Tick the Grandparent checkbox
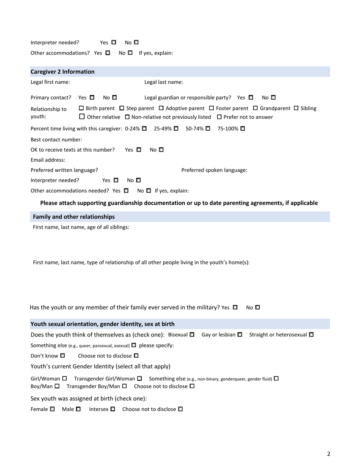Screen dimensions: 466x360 point(255,108)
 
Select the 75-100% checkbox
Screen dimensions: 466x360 point(243,129)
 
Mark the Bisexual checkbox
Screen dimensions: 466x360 point(192,335)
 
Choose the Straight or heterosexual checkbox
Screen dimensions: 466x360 point(311,335)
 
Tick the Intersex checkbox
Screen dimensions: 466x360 point(113,409)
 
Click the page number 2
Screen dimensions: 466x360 point(329,453)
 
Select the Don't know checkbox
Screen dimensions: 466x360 point(63,356)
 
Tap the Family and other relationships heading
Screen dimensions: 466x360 point(74,217)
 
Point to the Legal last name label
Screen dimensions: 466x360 point(164,82)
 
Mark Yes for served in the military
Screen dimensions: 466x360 point(235,307)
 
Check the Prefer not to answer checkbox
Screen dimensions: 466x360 point(219,117)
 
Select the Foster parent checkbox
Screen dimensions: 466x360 point(211,108)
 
